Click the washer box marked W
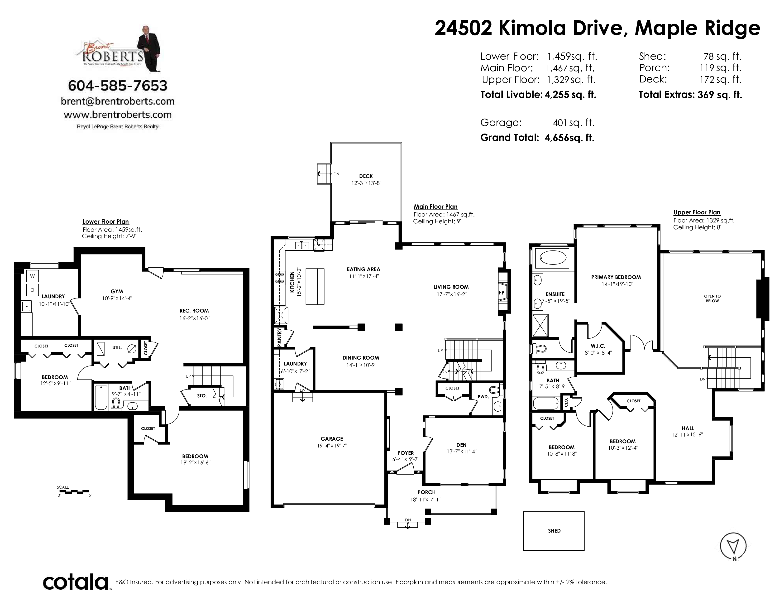[x=32, y=276]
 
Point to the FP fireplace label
[x=502, y=293]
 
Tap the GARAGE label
[x=332, y=439]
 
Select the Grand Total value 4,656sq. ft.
[x=569, y=138]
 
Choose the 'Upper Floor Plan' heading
[x=697, y=212]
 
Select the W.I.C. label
[x=598, y=346]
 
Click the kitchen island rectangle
[x=315, y=287]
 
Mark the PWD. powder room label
[x=483, y=397]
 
